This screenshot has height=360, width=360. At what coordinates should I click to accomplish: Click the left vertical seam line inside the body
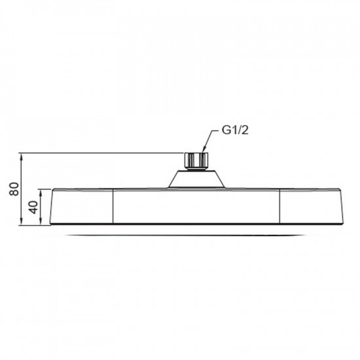pos(115,207)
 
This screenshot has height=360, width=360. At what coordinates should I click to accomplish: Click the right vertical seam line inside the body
pos(279,207)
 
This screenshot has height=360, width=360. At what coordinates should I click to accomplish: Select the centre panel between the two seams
pos(197,207)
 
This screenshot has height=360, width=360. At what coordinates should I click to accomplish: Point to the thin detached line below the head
pos(197,234)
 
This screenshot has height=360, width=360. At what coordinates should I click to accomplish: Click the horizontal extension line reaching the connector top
pos(98,153)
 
